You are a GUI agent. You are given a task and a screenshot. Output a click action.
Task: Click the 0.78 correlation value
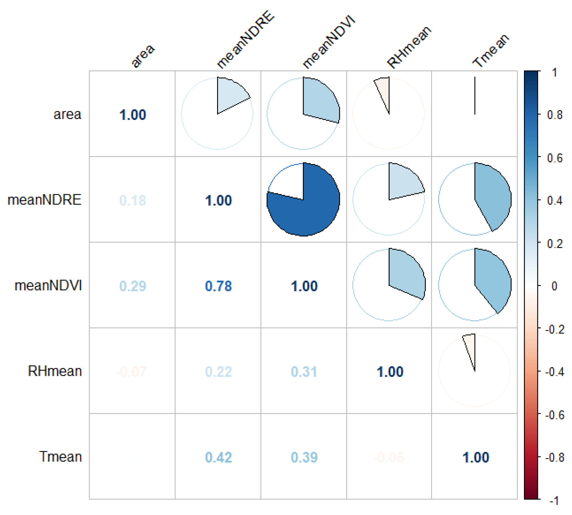coord(218,286)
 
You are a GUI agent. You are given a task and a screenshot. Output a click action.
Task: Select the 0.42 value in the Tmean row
coord(218,458)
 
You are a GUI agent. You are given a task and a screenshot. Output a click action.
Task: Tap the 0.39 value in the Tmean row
coord(304,458)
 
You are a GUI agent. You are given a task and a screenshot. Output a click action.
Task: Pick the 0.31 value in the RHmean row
coord(304,372)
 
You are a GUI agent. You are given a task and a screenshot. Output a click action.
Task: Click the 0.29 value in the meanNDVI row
coord(132,286)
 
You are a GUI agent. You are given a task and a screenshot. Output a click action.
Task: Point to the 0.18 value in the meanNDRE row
coord(132,200)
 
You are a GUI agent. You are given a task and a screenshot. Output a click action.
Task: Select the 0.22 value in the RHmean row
coord(218,372)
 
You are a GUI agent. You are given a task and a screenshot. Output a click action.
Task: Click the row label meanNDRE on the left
coord(44,200)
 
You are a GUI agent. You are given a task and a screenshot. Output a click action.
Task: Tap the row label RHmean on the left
coord(55,371)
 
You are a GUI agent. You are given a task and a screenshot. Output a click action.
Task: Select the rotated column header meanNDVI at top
coord(328,43)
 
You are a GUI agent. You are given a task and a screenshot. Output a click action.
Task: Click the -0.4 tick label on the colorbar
coord(554,372)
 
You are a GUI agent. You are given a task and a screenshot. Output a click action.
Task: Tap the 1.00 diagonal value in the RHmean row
coord(390,372)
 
